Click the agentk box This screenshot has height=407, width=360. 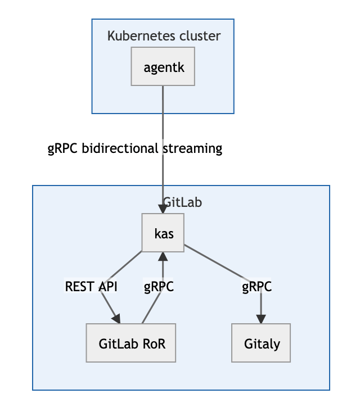coord(163,67)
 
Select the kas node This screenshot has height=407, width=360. coord(163,233)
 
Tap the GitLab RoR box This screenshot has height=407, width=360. coord(131,343)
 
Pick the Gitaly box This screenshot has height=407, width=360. coord(262,343)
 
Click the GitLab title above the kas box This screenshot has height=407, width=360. coord(182,202)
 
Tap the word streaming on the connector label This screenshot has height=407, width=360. coord(192,149)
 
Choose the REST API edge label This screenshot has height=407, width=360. coord(91,287)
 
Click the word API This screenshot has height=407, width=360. coord(107,287)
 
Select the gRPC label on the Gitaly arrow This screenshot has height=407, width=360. coord(256,287)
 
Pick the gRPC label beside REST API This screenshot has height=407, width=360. coord(159,287)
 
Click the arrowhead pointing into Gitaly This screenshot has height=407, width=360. coord(261,319)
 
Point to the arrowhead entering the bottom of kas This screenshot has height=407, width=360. coord(163,256)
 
